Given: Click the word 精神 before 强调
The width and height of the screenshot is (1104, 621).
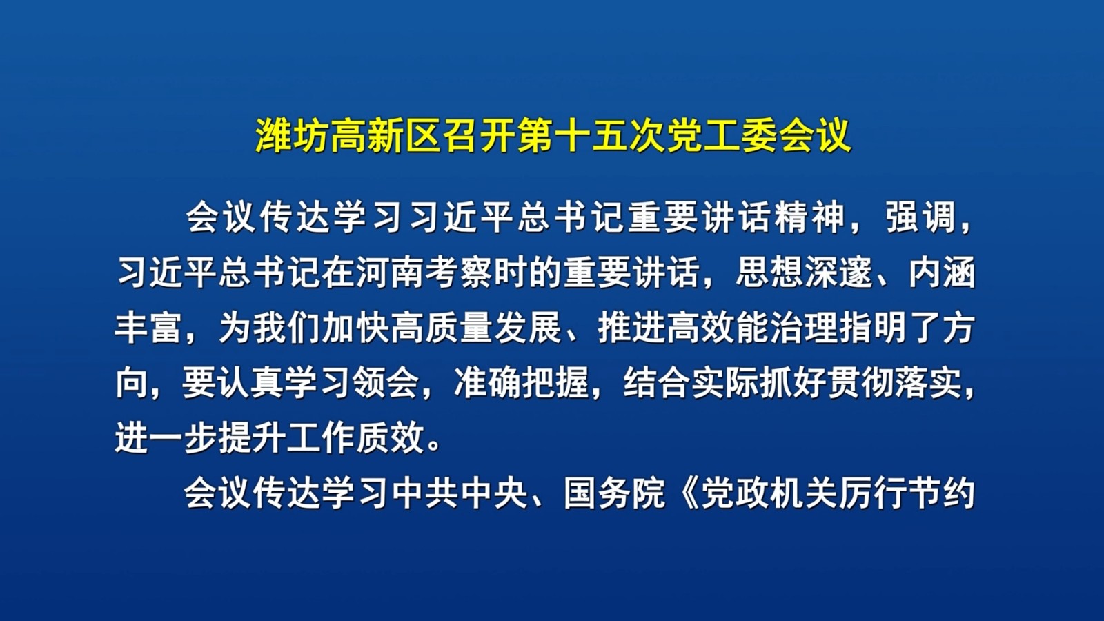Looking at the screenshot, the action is pos(810,217).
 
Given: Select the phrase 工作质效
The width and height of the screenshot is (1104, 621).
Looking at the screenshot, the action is pos(356,437).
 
